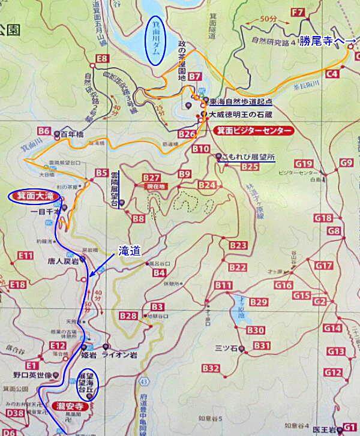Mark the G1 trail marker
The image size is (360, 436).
pos(349,427)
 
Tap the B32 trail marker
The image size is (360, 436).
pos(211,368)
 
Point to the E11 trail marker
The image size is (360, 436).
pos(25,256)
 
